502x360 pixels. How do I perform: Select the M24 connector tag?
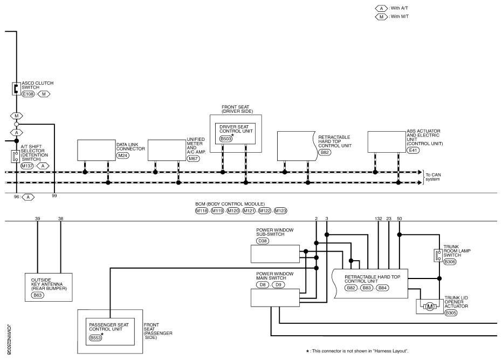(x=123, y=155)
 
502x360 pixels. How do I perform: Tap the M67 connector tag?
(x=193, y=160)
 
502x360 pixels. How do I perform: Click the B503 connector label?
(x=226, y=139)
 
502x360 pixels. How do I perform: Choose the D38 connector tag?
(x=263, y=240)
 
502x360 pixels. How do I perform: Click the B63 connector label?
(x=38, y=295)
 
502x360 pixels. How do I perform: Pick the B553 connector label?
(x=96, y=338)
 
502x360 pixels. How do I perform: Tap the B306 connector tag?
(x=450, y=262)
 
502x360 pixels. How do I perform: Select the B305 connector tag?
(x=451, y=313)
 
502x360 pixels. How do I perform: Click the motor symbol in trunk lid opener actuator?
(x=430, y=307)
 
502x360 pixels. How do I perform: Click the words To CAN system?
(x=434, y=177)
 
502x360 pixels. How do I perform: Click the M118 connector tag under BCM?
(x=202, y=210)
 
